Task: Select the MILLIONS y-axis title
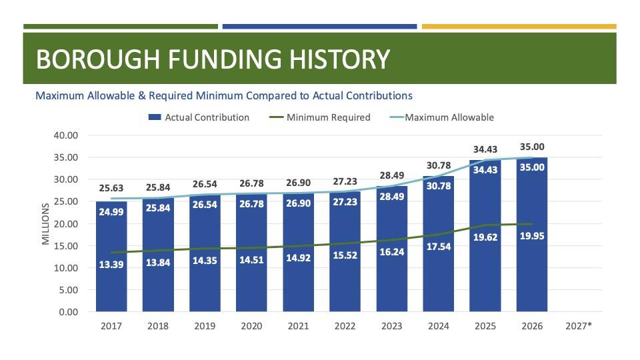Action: point(46,224)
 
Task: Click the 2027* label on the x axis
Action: point(579,327)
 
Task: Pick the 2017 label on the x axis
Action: point(111,327)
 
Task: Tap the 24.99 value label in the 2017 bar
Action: point(111,212)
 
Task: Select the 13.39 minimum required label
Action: point(111,264)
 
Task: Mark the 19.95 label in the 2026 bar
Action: point(532,235)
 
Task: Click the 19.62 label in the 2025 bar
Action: point(485,236)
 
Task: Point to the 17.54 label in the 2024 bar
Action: point(439,245)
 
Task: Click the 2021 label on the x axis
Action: point(298,327)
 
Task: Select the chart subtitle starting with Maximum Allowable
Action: point(224,95)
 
